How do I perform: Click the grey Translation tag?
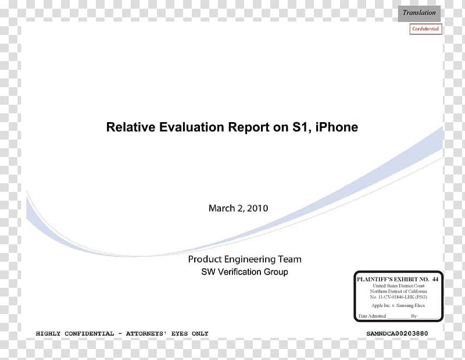point(419,13)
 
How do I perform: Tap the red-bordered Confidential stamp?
point(425,29)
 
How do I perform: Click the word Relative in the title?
point(131,127)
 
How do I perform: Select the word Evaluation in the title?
point(192,127)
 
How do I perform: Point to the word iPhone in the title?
point(337,127)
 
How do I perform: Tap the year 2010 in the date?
point(257,208)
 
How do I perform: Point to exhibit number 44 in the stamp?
point(435,279)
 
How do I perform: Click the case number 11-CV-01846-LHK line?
point(398,297)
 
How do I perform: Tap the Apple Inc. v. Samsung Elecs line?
point(398,305)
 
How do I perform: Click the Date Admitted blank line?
point(398,318)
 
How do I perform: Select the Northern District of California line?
point(398,291)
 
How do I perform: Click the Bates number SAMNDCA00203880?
point(397,334)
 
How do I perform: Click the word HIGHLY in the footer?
point(48,334)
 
